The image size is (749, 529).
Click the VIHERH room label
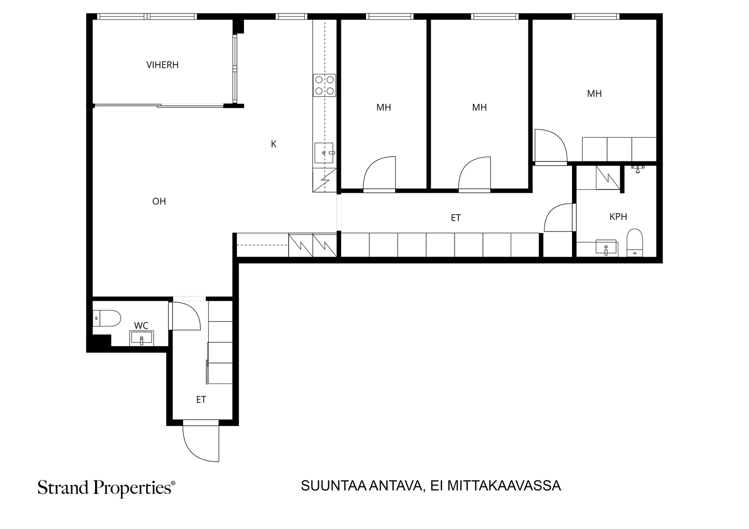pyautogui.click(x=162, y=65)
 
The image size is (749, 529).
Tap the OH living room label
pyautogui.click(x=159, y=201)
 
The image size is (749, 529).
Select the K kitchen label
pyautogui.click(x=273, y=144)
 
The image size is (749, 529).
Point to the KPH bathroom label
pyautogui.click(x=618, y=217)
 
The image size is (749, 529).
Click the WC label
pyautogui.click(x=141, y=326)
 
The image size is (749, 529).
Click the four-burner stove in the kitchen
pyautogui.click(x=324, y=85)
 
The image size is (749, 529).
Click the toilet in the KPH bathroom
pyautogui.click(x=634, y=243)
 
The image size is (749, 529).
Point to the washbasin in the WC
pyautogui.click(x=141, y=338)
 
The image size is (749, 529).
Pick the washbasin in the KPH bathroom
pyautogui.click(x=606, y=247)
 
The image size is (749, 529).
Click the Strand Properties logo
pyautogui.click(x=106, y=488)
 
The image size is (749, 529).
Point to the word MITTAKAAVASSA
pyautogui.click(x=504, y=486)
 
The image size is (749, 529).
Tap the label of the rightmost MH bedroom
pyautogui.click(x=594, y=94)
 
